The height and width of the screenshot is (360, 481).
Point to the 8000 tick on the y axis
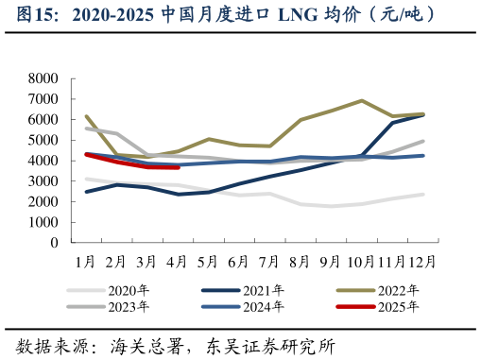(41, 78)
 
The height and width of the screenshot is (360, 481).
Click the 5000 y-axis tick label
(41, 140)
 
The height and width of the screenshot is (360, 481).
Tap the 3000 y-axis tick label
(41, 181)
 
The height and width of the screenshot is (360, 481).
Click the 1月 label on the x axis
(85, 261)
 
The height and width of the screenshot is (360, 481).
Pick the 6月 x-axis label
(239, 261)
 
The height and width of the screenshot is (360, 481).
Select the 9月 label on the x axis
(331, 261)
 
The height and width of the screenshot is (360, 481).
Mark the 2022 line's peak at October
(361, 100)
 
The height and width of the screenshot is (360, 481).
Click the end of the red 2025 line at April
(178, 167)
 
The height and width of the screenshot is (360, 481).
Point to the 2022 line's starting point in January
(86, 116)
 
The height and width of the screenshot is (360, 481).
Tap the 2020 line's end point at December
(422, 194)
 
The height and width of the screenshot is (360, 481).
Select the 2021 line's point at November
(392, 123)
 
